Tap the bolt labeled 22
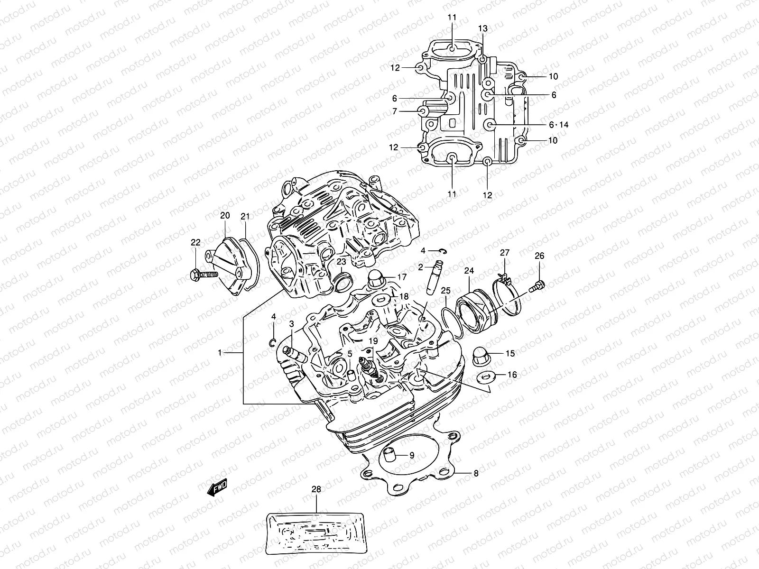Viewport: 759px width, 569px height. [204, 275]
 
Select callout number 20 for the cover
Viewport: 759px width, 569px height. [225, 215]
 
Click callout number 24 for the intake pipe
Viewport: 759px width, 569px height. [469, 271]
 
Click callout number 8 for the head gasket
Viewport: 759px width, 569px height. [476, 473]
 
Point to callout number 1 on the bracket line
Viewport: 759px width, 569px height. [220, 353]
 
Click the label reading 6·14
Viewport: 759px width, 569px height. [558, 125]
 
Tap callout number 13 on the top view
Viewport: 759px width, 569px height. [482, 29]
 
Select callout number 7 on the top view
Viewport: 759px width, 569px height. [394, 111]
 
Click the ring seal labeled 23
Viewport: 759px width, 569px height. [343, 286]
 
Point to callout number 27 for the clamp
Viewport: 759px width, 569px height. [504, 252]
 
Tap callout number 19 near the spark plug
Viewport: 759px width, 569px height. [373, 340]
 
